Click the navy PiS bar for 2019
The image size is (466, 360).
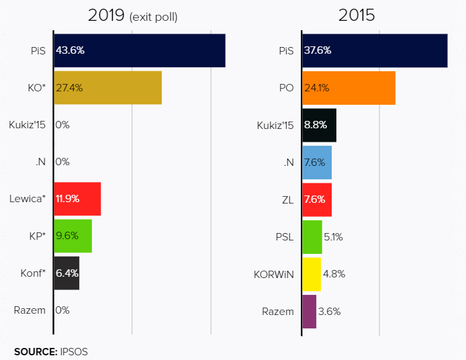(140, 50)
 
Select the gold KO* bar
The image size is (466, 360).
(107, 87)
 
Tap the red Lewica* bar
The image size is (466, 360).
(77, 199)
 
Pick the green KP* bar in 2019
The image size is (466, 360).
(73, 236)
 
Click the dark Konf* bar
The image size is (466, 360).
(66, 273)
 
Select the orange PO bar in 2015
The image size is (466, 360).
(348, 87)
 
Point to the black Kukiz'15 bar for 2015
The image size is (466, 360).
(319, 125)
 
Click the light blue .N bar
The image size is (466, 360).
(317, 162)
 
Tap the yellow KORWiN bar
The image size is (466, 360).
(312, 273)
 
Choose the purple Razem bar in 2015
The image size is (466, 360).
(309, 311)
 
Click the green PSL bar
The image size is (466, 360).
(312, 236)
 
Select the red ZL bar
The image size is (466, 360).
(317, 199)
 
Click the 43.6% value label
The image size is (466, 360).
(71, 50)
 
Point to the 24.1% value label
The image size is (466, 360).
(317, 87)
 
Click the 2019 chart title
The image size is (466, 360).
(107, 15)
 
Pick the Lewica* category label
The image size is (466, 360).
(28, 199)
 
